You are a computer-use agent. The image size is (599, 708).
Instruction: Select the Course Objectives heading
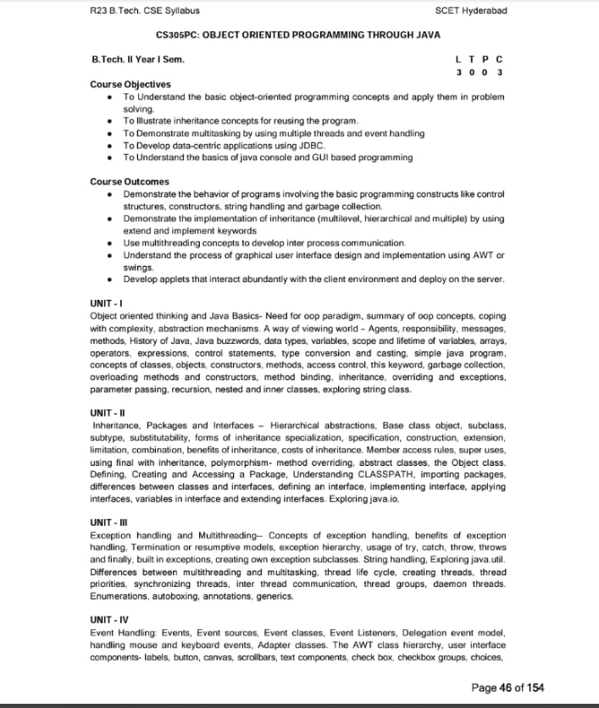pyautogui.click(x=130, y=84)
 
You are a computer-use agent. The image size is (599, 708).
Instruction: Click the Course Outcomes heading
pyautogui.click(x=129, y=181)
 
